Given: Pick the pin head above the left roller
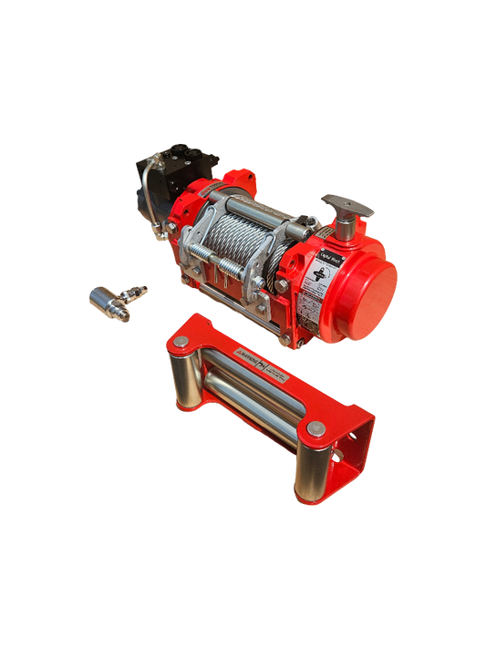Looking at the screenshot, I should (x=181, y=341).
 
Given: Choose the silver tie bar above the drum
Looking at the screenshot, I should (x=264, y=205).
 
